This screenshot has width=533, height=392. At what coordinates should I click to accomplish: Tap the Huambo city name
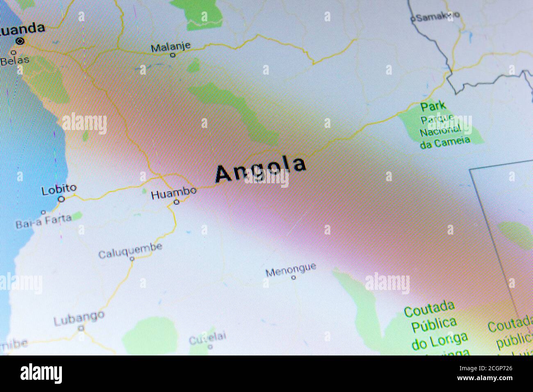tap(173, 193)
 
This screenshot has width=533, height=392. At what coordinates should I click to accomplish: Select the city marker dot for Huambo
tap(176, 202)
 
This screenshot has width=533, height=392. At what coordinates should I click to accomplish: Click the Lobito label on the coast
tap(59, 189)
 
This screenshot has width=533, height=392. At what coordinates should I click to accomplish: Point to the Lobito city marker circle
tap(61, 199)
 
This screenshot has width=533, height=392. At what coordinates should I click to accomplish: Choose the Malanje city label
tap(171, 47)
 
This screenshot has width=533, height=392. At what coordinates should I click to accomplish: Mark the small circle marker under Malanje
tap(173, 55)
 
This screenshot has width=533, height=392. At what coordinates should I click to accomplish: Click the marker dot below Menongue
tap(294, 278)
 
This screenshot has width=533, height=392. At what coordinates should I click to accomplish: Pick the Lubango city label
tap(79, 317)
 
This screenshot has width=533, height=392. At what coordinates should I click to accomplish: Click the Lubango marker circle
tap(81, 328)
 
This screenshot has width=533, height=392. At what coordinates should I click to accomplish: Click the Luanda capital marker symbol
tap(20, 41)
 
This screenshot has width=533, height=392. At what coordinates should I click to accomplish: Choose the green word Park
tap(433, 106)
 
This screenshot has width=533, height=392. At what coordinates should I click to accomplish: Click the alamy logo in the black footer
tap(41, 374)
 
